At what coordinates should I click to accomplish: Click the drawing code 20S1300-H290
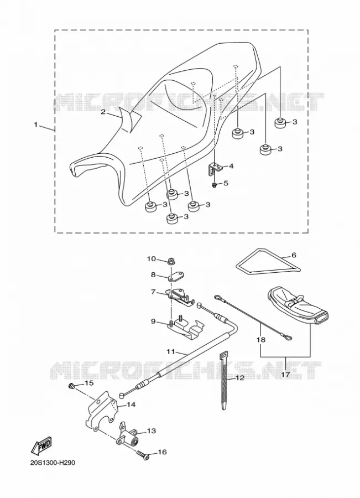coord(53,463)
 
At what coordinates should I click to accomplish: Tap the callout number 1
coord(36,125)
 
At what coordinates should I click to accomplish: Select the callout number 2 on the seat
coord(103,111)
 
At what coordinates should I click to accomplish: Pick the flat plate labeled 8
coord(176,276)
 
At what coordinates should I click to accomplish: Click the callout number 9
coord(153,321)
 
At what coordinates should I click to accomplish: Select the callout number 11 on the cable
coord(170,351)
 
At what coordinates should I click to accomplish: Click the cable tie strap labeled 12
coord(223,380)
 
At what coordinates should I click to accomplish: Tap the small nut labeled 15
coord(71,386)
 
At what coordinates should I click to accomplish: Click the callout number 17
coord(285,375)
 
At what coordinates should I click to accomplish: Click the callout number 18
coord(261,340)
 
